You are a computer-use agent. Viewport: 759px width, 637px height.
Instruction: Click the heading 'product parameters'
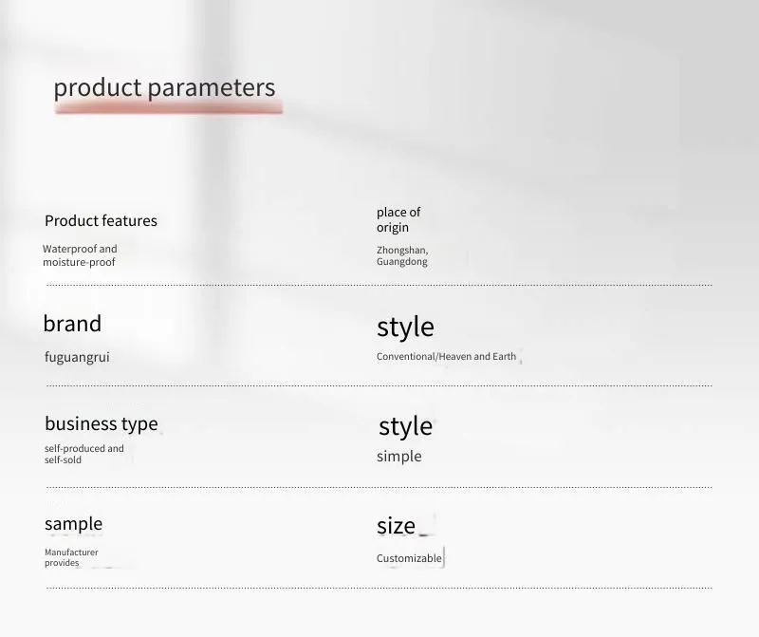(x=164, y=87)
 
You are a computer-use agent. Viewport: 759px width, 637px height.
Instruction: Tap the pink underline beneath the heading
(x=169, y=109)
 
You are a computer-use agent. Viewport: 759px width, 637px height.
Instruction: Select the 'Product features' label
(x=101, y=221)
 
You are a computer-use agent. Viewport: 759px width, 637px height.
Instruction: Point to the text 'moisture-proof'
(x=79, y=262)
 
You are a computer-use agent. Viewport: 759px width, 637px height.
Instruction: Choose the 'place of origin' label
(x=398, y=219)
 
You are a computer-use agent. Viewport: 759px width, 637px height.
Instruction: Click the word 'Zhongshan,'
(x=402, y=250)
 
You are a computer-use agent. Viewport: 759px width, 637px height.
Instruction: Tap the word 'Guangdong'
(x=401, y=262)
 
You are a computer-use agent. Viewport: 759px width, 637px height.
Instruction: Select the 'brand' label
(x=72, y=323)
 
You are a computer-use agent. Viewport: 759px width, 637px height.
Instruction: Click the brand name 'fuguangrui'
(x=77, y=358)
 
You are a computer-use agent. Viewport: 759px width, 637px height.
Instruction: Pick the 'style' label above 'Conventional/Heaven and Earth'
(x=405, y=327)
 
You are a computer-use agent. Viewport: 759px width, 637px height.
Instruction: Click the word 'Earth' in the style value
(x=505, y=357)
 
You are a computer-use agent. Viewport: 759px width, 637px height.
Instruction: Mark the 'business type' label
(x=102, y=423)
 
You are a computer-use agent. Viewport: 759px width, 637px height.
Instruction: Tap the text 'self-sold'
(x=63, y=460)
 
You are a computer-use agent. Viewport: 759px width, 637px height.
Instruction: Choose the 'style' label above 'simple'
(x=405, y=426)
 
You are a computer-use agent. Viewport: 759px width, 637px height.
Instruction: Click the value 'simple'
(x=398, y=457)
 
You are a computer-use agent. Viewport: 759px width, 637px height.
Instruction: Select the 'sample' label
(x=74, y=524)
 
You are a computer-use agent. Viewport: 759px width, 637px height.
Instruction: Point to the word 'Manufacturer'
(x=71, y=553)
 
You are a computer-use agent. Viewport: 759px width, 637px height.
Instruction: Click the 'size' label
(x=396, y=526)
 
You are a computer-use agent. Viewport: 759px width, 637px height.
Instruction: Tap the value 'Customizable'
(x=409, y=558)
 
